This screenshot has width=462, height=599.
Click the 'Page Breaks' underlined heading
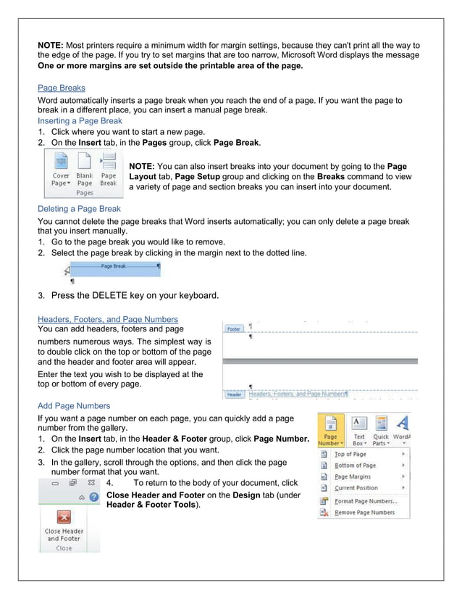(62, 88)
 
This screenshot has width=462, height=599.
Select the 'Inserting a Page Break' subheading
(80, 121)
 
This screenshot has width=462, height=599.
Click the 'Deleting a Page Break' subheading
(79, 209)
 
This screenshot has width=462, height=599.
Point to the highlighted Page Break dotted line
(112, 267)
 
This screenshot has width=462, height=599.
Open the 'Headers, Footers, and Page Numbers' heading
(107, 319)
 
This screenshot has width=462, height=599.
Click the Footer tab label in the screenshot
(234, 329)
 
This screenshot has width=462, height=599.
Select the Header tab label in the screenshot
(235, 394)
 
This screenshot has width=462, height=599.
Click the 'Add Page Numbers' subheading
(74, 406)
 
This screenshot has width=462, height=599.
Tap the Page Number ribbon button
(330, 429)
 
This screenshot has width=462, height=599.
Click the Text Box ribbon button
(358, 429)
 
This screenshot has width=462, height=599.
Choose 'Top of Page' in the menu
(350, 454)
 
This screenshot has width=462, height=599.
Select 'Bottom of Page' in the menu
(355, 466)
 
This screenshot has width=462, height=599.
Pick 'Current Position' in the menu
(356, 488)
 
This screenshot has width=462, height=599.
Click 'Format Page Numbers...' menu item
(365, 501)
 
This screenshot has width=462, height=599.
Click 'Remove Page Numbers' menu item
(364, 512)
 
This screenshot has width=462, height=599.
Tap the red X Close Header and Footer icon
(64, 516)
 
